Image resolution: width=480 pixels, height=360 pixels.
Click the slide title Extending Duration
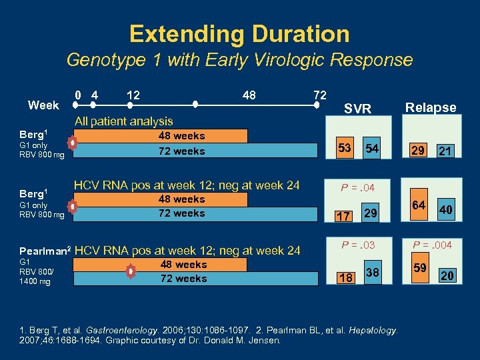[x=239, y=33]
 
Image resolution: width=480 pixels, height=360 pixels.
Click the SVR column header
[x=357, y=109]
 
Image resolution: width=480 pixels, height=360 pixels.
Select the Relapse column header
[x=431, y=107]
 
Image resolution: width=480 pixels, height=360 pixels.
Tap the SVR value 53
[x=345, y=147]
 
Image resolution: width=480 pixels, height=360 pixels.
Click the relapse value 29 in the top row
[x=418, y=151]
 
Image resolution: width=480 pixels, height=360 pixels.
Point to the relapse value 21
[x=445, y=151]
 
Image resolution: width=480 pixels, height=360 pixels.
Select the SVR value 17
[x=343, y=216]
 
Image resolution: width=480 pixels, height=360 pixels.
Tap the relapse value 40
[x=446, y=210]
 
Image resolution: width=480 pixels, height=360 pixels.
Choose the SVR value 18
[x=345, y=278]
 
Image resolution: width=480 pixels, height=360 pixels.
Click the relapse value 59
[x=419, y=269]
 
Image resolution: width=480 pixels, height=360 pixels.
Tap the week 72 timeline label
[x=319, y=95]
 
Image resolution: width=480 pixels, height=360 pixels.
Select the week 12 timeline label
[x=133, y=95]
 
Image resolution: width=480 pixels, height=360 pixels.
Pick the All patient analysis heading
[x=123, y=121]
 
